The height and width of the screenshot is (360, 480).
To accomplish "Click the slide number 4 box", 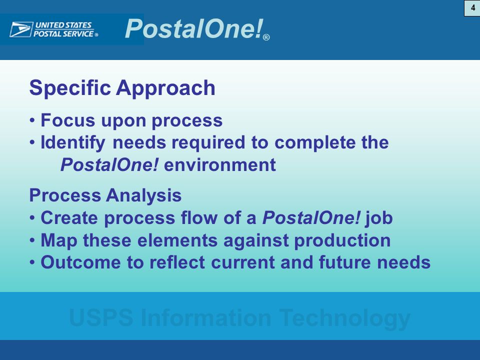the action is [472, 8].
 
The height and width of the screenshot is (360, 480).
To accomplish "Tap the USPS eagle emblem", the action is [21, 29].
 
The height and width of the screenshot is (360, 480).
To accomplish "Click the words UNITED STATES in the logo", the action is [63, 25].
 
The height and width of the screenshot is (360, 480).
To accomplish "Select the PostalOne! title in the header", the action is [194, 28].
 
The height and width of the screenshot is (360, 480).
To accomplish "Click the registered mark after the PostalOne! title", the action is [266, 37].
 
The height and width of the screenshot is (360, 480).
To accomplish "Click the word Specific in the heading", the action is [70, 88].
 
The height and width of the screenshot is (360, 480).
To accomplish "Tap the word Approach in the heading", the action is [165, 88].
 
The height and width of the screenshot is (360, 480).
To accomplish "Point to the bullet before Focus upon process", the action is [32, 120].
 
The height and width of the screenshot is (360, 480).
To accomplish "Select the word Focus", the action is [68, 120].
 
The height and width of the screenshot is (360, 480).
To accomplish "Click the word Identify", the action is [73, 142].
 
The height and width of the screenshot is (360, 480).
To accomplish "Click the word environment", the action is [220, 165].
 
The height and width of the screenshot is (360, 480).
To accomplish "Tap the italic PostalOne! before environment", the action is [109, 165].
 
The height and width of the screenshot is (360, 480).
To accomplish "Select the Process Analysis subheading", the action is [105, 195].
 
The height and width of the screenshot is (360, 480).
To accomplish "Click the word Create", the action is [69, 218].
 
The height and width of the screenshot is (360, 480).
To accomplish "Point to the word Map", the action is [59, 240].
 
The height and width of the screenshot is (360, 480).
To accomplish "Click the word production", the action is [342, 240].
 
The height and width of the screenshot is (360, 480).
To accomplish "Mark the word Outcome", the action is [81, 262].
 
